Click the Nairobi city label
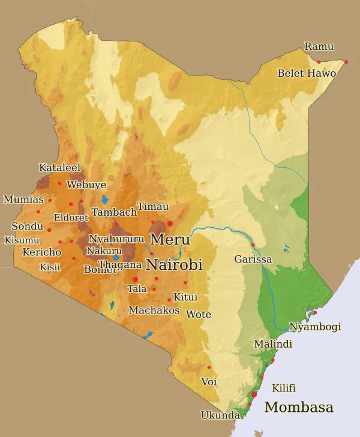pyautogui.click(x=174, y=265)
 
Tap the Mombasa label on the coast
pyautogui.click(x=299, y=408)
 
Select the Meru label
pyautogui.click(x=170, y=240)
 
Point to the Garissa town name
pyautogui.click(x=253, y=260)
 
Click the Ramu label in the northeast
pyautogui.click(x=319, y=47)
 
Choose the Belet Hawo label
pyautogui.click(x=307, y=74)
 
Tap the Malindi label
pyautogui.click(x=273, y=344)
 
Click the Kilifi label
pyautogui.click(x=284, y=388)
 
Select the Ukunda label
pyautogui.click(x=220, y=415)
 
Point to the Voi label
pyautogui.click(x=209, y=382)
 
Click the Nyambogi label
pyautogui.click(x=315, y=327)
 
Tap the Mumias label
pyautogui.click(x=23, y=200)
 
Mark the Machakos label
pyautogui.click(x=154, y=311)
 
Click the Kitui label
pyautogui.click(x=185, y=297)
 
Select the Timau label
pyautogui.click(x=153, y=207)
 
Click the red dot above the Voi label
pyautogui.click(x=209, y=367)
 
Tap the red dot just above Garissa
pyautogui.click(x=253, y=245)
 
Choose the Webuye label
pyautogui.click(x=86, y=185)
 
